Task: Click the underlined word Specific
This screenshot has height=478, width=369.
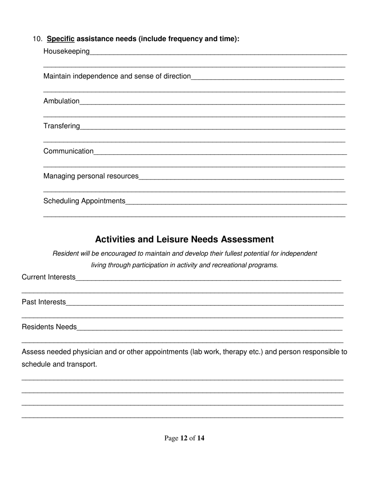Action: [x=61, y=39]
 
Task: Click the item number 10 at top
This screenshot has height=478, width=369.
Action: [x=37, y=39]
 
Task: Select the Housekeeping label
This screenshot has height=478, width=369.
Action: [x=66, y=51]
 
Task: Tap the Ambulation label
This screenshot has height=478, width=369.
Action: [x=61, y=101]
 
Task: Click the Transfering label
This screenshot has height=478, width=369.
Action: [x=61, y=126]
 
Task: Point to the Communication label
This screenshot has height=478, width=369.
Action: [x=68, y=151]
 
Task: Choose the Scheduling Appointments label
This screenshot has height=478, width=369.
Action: [x=84, y=201]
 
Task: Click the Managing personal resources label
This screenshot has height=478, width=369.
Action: [x=91, y=176]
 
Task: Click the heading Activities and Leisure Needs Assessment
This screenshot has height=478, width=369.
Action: [x=184, y=239]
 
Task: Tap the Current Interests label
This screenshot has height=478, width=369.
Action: [x=49, y=277]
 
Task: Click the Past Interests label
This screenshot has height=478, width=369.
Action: [x=44, y=302]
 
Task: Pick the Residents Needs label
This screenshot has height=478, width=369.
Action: [x=49, y=327]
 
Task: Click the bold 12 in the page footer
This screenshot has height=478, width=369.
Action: [x=184, y=438]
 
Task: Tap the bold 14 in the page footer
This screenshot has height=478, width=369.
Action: [x=200, y=438]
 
